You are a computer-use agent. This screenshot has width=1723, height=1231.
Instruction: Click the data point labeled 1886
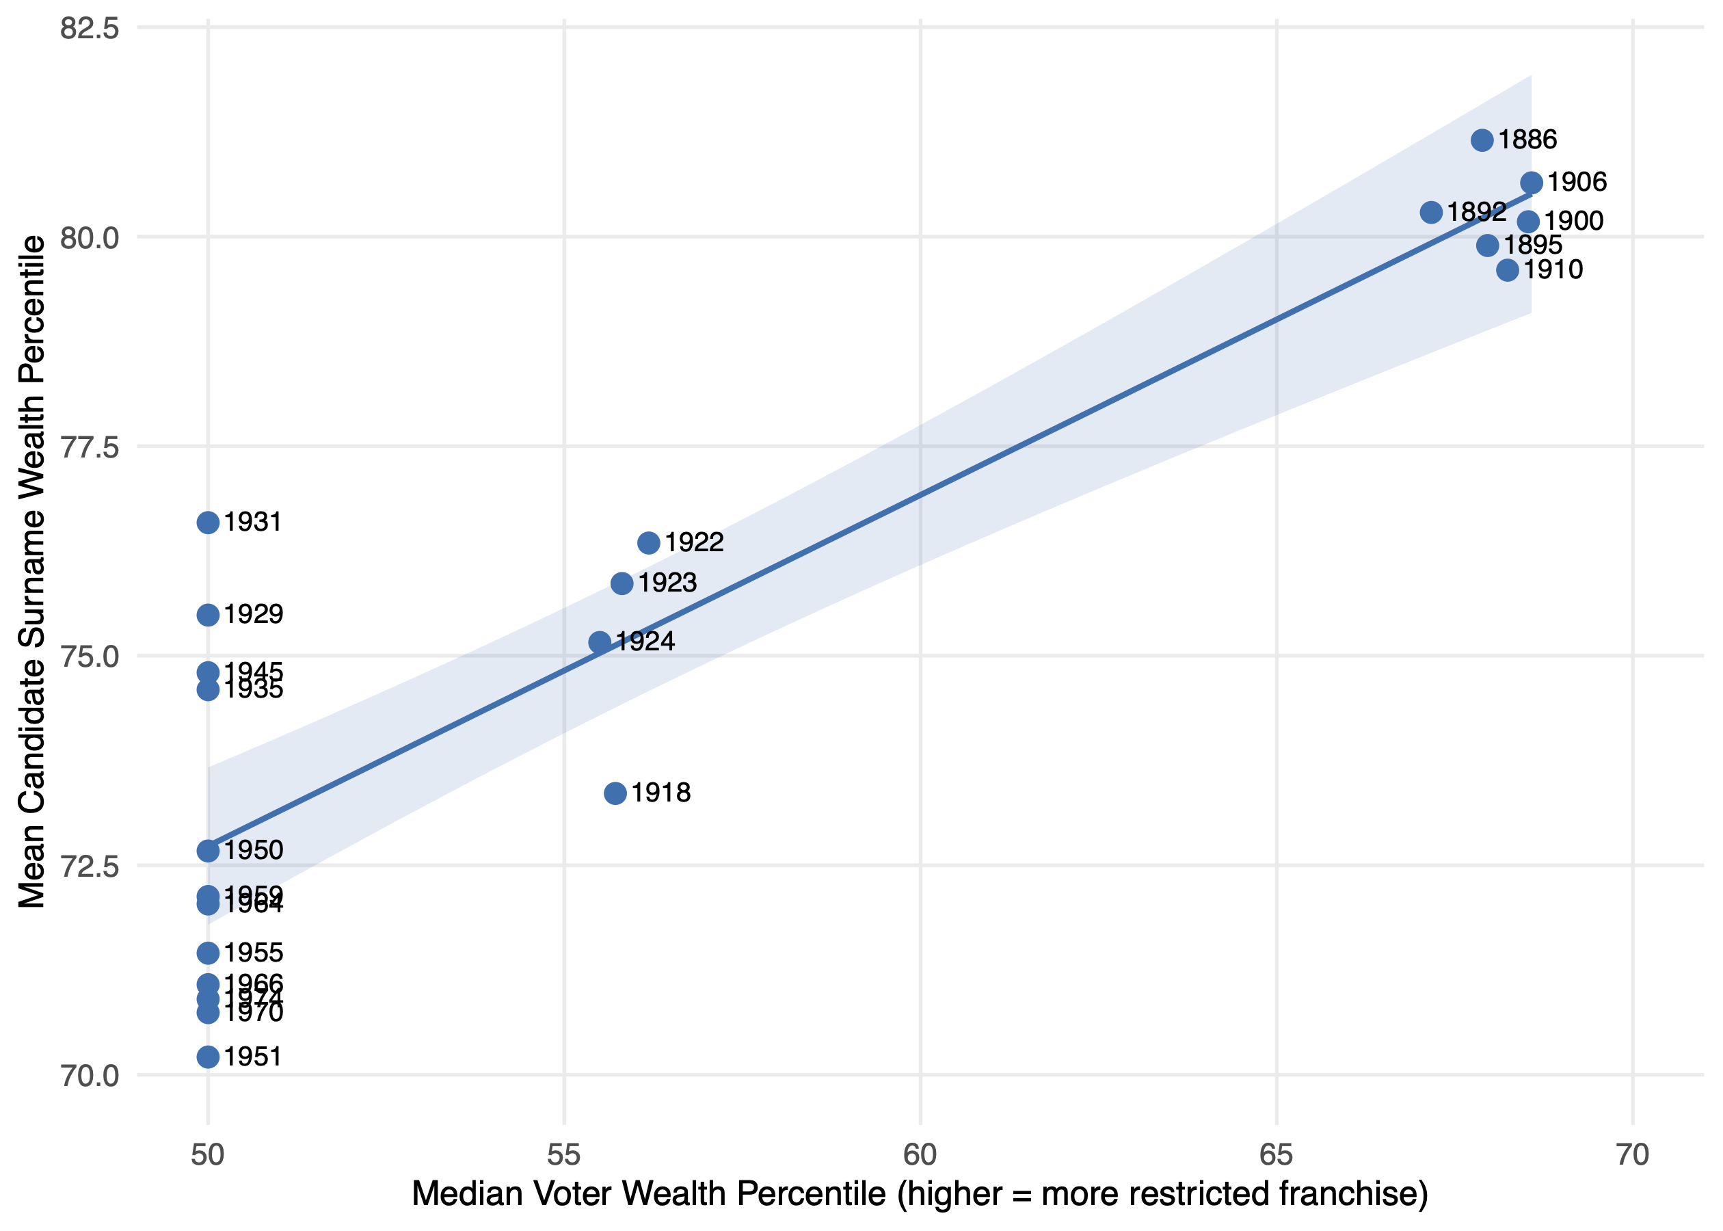[x=1482, y=140]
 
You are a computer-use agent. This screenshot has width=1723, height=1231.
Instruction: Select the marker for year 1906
[x=1532, y=183]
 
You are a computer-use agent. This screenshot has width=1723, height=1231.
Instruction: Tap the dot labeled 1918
[x=615, y=793]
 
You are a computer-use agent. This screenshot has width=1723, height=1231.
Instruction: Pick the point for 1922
[x=649, y=543]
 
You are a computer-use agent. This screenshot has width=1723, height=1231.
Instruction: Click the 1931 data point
[x=209, y=522]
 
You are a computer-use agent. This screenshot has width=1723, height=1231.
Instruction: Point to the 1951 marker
[x=209, y=1057]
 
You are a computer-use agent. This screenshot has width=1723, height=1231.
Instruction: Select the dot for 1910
[x=1507, y=270]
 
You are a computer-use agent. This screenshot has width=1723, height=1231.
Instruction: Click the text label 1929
[x=253, y=614]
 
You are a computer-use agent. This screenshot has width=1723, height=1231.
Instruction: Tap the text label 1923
[x=667, y=583]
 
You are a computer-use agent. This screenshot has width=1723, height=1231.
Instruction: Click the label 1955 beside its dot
[x=253, y=953]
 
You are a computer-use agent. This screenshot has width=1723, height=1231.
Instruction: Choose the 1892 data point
[x=1430, y=212]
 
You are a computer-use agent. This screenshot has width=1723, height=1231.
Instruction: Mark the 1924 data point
[x=600, y=642]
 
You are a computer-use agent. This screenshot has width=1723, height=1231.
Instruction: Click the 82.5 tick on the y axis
[x=90, y=28]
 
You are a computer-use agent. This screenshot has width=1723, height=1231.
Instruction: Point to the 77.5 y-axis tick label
[x=90, y=447]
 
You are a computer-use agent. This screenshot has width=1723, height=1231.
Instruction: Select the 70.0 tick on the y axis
[x=90, y=1076]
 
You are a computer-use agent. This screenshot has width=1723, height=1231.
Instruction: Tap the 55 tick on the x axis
[x=563, y=1155]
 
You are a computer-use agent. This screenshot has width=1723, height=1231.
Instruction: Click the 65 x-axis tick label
[x=1276, y=1155]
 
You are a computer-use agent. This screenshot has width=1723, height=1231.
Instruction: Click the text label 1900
[x=1574, y=222]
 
